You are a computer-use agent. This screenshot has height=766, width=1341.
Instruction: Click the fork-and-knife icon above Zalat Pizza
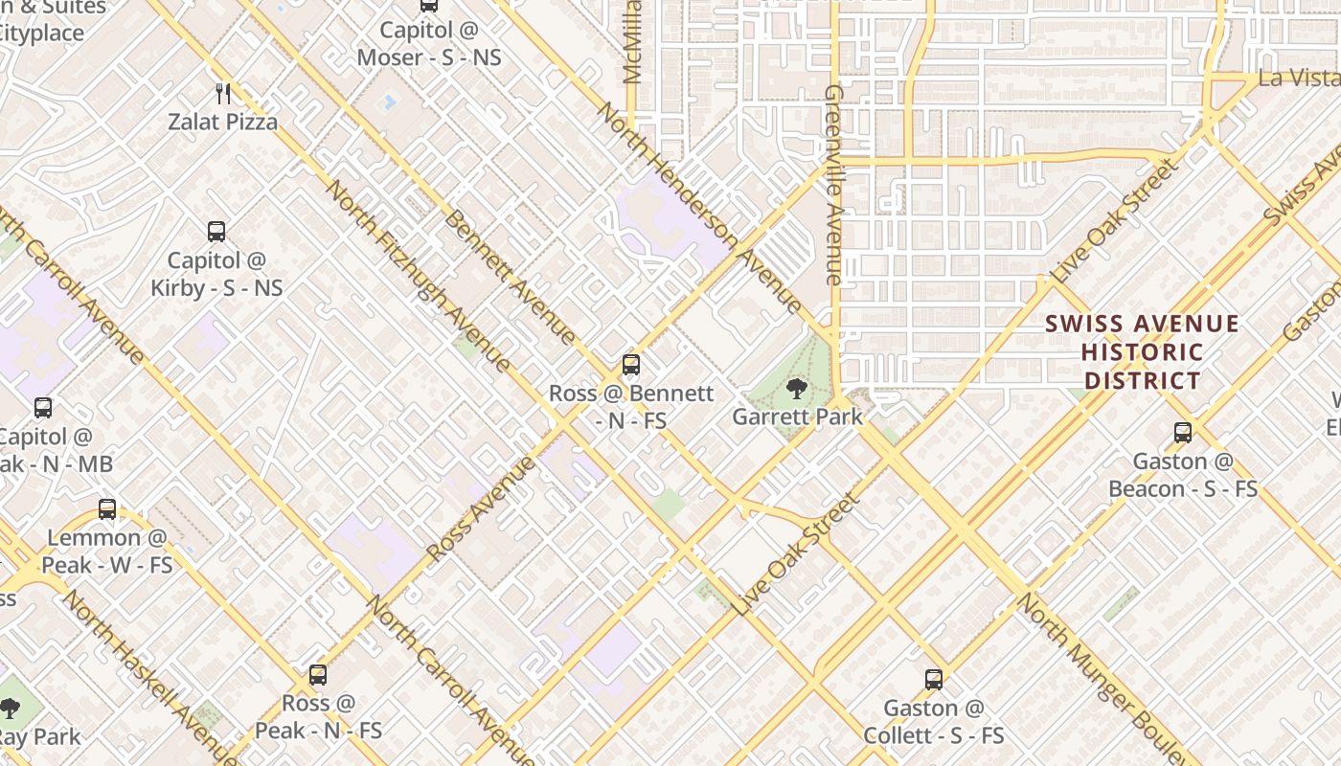click(224, 93)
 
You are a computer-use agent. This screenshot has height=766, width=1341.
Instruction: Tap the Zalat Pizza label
click(223, 122)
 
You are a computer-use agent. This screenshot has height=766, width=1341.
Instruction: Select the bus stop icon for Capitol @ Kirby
click(216, 231)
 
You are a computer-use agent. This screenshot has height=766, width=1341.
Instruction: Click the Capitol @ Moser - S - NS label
click(429, 44)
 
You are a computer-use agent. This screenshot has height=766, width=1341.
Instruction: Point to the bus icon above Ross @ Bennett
click(630, 364)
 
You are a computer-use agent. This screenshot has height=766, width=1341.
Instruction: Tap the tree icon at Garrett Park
click(795, 388)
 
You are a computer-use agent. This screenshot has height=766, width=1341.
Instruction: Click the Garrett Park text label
click(797, 417)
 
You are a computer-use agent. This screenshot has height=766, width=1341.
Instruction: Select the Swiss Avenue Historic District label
click(1142, 352)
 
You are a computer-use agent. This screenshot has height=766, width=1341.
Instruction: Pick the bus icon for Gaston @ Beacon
click(1183, 432)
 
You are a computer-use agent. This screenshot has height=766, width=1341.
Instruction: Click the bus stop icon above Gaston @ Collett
click(934, 679)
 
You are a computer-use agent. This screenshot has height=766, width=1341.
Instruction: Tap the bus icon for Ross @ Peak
click(318, 674)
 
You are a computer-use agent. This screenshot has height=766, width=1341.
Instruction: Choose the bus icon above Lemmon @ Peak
click(107, 508)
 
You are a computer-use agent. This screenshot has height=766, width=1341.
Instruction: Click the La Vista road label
click(1299, 78)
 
